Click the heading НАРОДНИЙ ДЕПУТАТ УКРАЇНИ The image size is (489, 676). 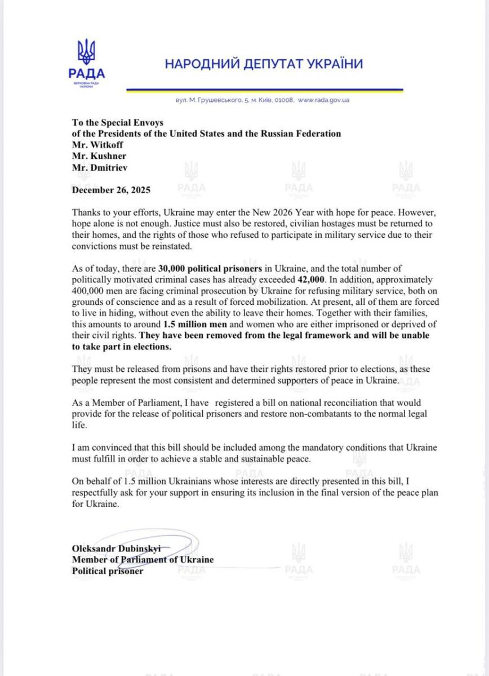[x=264, y=64]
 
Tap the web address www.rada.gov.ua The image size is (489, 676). [x=324, y=100]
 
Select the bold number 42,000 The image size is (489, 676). [x=311, y=280]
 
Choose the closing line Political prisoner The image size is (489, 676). [x=108, y=571]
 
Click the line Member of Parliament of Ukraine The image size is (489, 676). [x=143, y=560]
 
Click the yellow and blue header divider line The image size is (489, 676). [x=264, y=90]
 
